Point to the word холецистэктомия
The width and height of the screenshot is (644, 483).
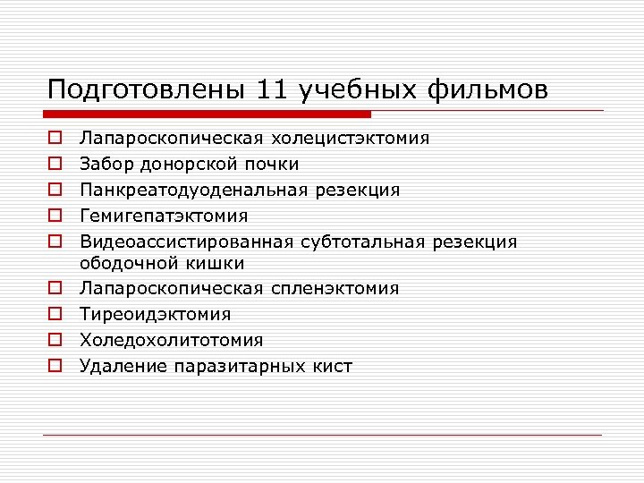point(351,139)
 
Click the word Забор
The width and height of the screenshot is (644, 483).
point(106,165)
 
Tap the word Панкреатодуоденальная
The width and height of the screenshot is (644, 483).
point(195,191)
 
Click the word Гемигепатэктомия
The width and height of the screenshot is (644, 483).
point(164,216)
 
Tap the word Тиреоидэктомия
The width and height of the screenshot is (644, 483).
point(156,315)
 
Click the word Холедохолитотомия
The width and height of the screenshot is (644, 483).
point(171,341)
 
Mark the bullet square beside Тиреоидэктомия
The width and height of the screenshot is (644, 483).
point(55,315)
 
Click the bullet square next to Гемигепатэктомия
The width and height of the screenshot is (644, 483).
point(55,216)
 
